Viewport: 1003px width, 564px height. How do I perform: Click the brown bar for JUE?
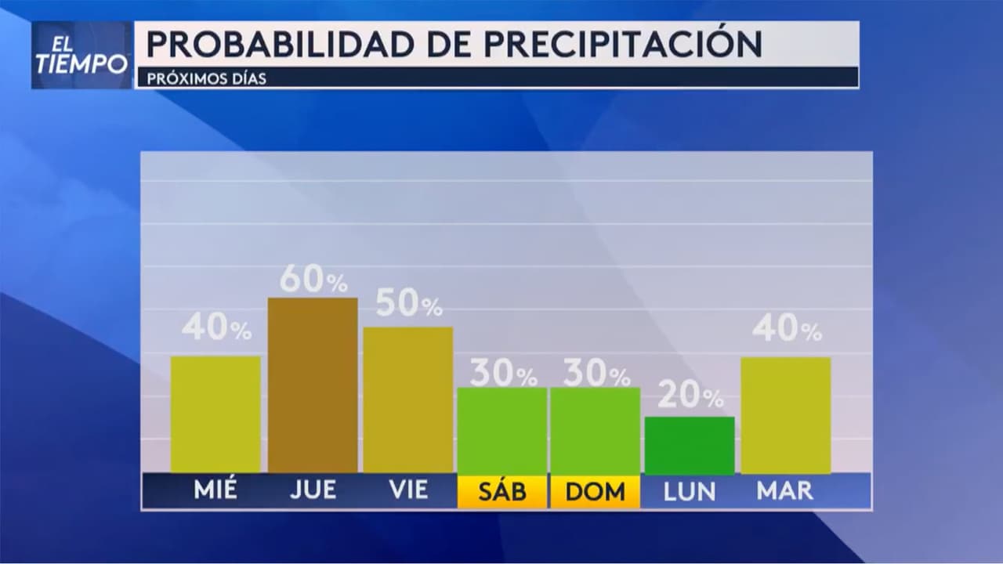tap(313, 385)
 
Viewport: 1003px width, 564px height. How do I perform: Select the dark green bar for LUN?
tap(690, 445)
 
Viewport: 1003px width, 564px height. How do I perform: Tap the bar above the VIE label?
tap(408, 399)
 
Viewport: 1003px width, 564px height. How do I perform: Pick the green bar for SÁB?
tap(502, 430)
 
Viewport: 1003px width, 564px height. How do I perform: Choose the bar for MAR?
tap(785, 415)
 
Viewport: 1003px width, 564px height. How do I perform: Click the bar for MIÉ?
tap(215, 414)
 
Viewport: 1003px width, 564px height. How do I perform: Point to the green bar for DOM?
tap(596, 430)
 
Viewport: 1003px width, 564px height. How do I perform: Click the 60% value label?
tap(313, 280)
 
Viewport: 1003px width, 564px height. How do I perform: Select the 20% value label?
tap(690, 396)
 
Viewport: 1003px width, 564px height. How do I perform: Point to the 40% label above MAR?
tap(787, 328)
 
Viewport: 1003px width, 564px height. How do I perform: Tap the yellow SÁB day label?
tap(502, 491)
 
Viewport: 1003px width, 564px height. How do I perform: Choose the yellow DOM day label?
tap(596, 491)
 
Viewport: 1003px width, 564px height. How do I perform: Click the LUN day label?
tap(690, 491)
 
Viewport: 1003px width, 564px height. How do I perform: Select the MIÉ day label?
tap(215, 491)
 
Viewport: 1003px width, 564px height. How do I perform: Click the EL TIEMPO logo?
tap(81, 55)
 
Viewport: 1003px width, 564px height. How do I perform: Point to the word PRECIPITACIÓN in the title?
tap(622, 44)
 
